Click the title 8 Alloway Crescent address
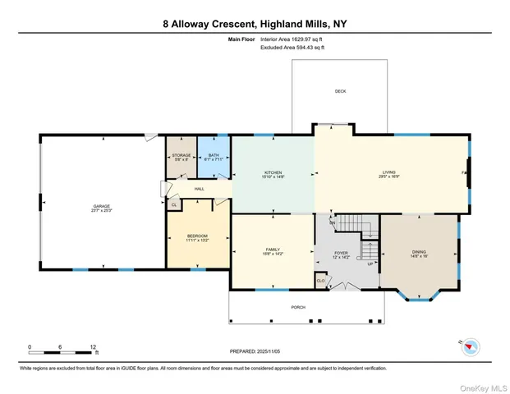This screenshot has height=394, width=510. pos(255,24)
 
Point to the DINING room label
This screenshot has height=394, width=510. pos(420,253)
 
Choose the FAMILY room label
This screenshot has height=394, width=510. pos(272,250)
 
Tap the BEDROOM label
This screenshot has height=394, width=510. pos(197,237)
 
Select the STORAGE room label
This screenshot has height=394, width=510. pos(181,156)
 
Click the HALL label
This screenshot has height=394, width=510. pos(199,189)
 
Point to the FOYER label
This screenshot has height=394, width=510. pos(342,254)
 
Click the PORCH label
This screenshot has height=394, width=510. pos(298,307)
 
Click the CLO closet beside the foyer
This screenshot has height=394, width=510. pos(320,281)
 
